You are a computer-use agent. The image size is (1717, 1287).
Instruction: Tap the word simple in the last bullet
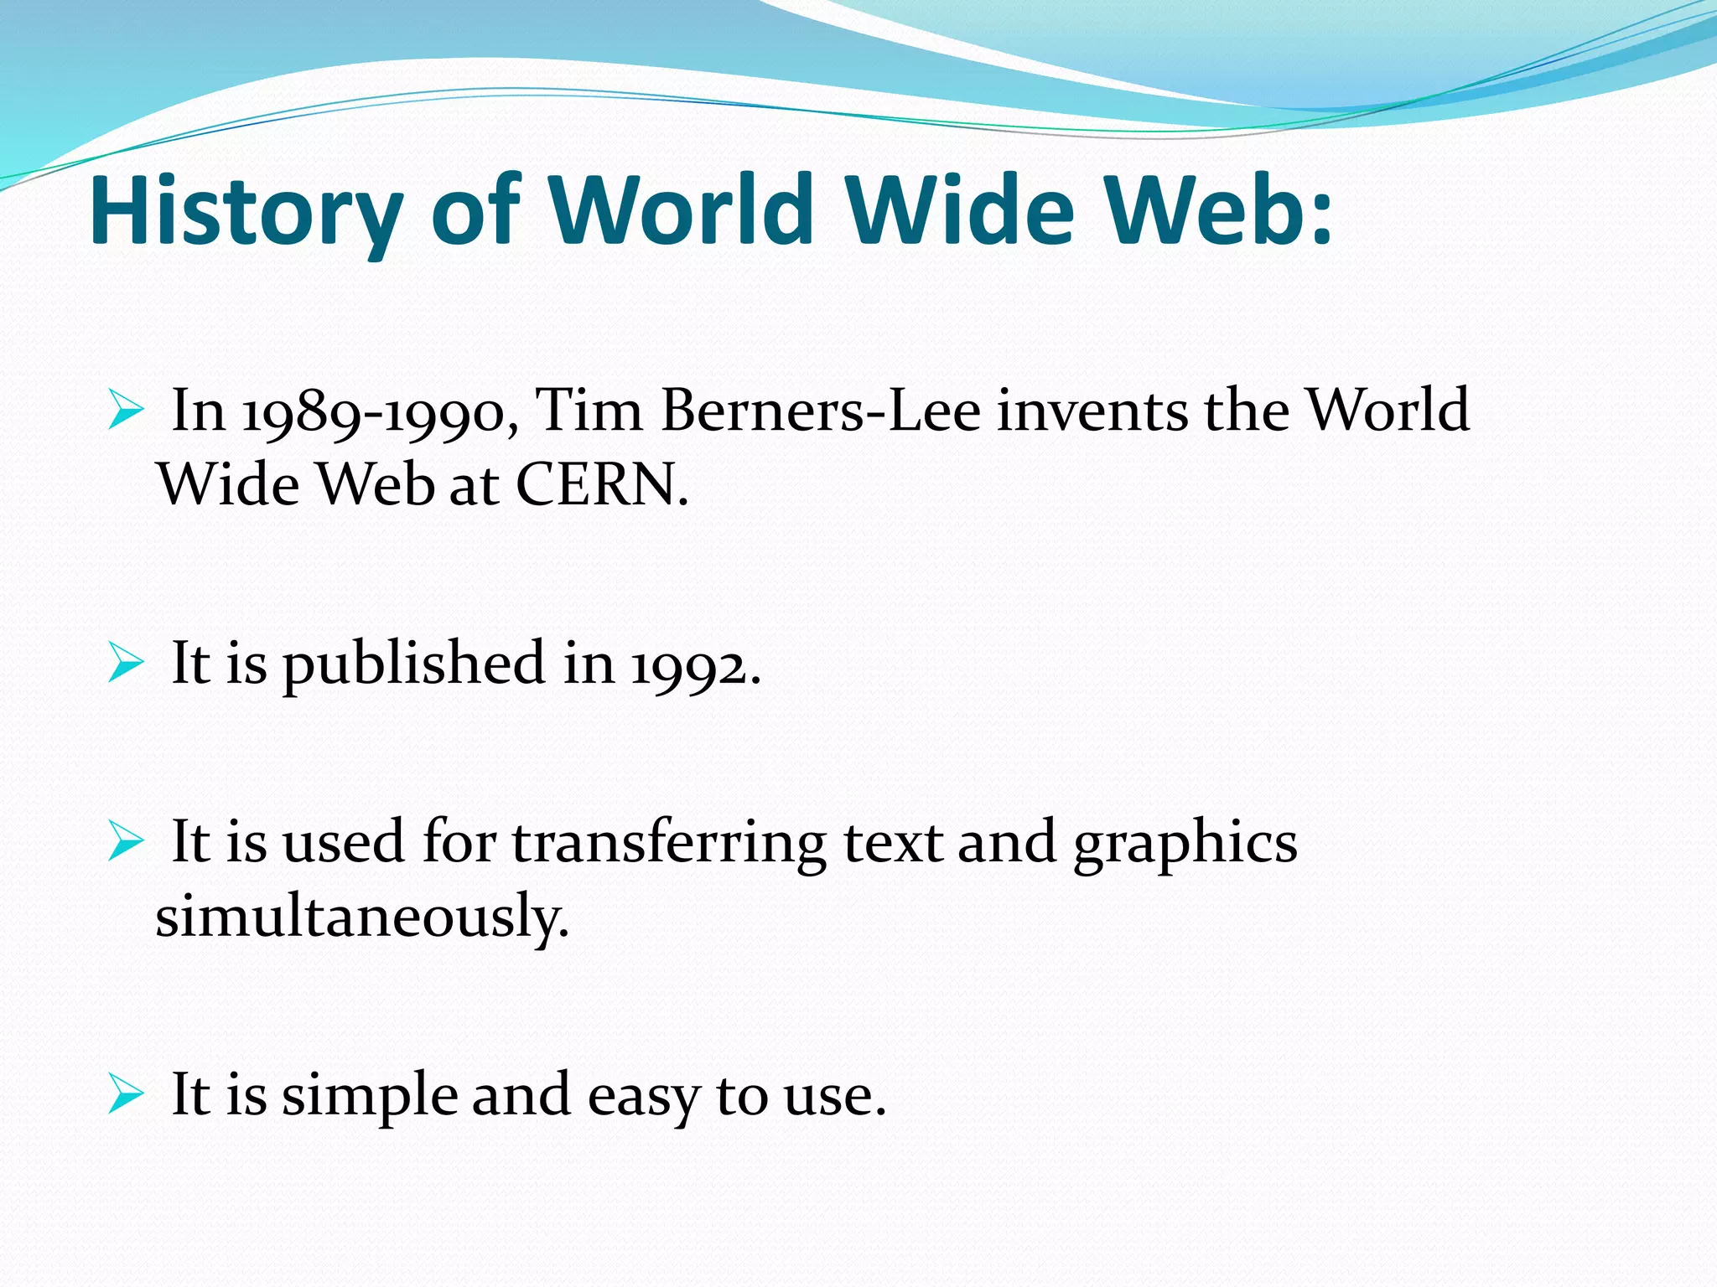[x=369, y=1097]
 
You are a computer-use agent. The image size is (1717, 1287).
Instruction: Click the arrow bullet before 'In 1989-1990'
[x=126, y=412]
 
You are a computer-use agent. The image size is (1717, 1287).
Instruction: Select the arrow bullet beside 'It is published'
[x=126, y=665]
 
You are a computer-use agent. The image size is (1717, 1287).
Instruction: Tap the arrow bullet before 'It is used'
[x=126, y=843]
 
